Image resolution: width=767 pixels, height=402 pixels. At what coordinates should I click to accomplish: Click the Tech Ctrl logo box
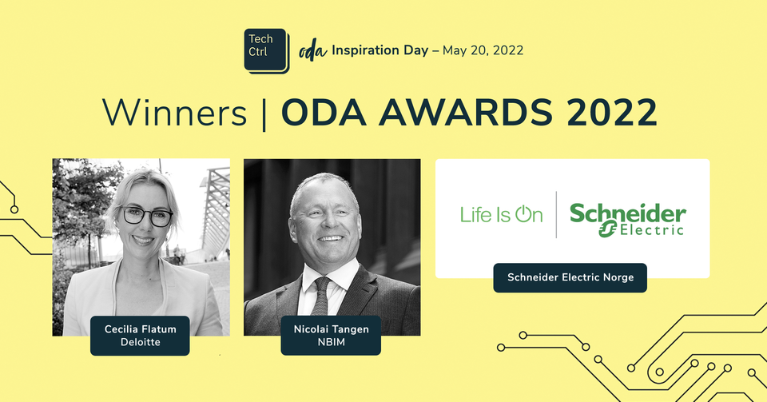(x=266, y=50)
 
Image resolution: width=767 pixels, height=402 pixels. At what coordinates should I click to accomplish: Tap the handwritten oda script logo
(x=313, y=51)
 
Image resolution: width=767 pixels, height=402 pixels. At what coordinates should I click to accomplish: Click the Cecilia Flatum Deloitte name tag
(x=140, y=334)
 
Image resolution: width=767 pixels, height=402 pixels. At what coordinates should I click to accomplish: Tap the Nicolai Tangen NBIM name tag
(x=331, y=334)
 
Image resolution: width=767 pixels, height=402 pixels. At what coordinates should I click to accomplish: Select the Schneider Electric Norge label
(x=570, y=277)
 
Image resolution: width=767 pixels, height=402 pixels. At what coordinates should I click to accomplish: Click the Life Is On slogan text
(x=501, y=214)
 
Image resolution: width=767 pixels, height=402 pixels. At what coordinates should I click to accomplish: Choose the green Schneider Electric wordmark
(x=627, y=218)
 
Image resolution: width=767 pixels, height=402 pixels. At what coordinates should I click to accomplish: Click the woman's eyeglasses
(x=146, y=216)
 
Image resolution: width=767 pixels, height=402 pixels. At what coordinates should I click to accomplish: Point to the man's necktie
(x=321, y=295)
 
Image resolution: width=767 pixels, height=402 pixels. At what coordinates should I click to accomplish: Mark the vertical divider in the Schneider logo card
(x=556, y=214)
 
